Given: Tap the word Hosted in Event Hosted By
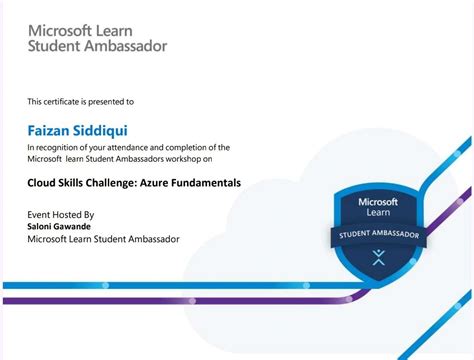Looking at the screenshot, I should pyautogui.click(x=65, y=214).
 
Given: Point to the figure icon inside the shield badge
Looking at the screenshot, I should pyautogui.click(x=377, y=257).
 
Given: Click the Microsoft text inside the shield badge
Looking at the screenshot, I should pyautogui.click(x=377, y=202).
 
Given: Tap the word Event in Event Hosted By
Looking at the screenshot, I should pyautogui.click(x=38, y=214).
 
